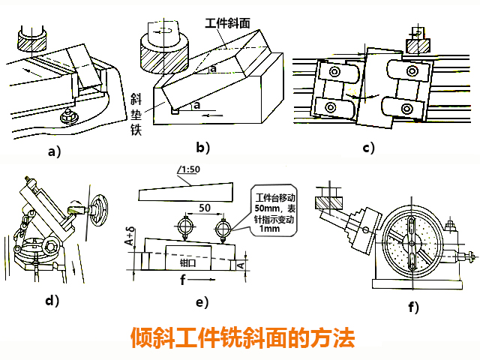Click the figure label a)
(x=53, y=151)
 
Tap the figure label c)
(x=368, y=147)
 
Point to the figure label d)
(x=52, y=301)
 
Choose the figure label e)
(x=200, y=303)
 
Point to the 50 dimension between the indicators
(x=205, y=208)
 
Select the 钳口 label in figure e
(x=189, y=263)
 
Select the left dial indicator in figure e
(x=184, y=226)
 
